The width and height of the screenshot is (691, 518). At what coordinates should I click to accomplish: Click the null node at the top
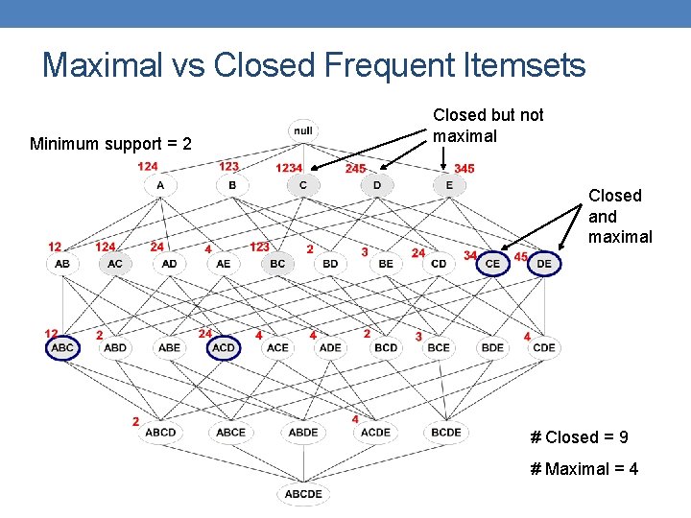[303, 130]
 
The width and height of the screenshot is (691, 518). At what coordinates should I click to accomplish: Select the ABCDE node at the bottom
[302, 494]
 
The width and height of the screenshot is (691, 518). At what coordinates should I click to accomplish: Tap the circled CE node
[492, 262]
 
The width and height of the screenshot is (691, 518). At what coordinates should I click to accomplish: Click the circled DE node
[544, 262]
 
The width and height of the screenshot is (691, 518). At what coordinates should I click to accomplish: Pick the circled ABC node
[62, 347]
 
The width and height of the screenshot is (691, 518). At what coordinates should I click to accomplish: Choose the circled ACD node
[224, 347]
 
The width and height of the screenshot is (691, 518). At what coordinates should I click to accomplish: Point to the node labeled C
[303, 184]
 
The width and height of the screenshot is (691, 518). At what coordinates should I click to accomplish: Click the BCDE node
[446, 432]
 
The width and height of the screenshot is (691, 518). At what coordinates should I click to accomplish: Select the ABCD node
[160, 432]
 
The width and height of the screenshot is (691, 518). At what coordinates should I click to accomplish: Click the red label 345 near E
[464, 169]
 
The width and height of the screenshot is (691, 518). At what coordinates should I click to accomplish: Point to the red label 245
[355, 169]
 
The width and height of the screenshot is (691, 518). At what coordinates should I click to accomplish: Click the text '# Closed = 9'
[579, 437]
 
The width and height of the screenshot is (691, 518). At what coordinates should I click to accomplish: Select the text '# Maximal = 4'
[584, 469]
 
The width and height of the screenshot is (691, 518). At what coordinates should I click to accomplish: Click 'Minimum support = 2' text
[110, 144]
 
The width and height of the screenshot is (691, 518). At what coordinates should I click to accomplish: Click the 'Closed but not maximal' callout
[488, 125]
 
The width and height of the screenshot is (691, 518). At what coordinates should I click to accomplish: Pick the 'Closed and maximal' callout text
[619, 216]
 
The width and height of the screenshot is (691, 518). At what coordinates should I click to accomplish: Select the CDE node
[543, 347]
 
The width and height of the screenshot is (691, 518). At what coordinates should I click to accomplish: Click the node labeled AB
[62, 263]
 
